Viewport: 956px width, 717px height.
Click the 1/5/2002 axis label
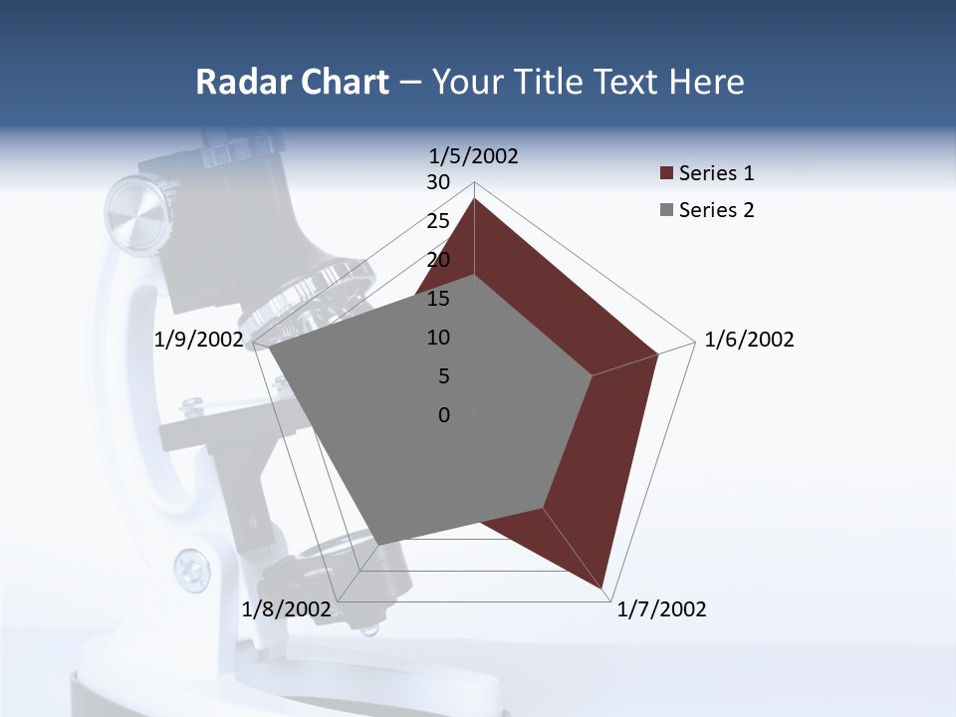(474, 156)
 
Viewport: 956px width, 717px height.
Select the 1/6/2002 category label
(749, 340)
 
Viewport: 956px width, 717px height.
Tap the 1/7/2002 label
(661, 609)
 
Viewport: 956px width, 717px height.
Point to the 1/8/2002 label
(287, 609)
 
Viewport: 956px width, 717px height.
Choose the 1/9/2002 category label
(199, 340)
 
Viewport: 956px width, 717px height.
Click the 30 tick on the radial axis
(438, 182)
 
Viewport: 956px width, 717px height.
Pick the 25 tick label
(438, 221)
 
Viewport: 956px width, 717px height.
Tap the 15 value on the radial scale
(438, 299)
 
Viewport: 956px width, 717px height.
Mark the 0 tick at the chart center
(444, 415)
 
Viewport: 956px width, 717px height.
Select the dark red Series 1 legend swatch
(667, 174)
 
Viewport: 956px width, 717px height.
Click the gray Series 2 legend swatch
(667, 210)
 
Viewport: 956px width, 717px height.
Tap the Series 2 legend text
(716, 210)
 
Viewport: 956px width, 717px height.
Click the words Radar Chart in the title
(292, 82)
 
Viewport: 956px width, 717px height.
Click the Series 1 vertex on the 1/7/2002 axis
(603, 589)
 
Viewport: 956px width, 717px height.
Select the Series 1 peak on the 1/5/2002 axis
(474, 199)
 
